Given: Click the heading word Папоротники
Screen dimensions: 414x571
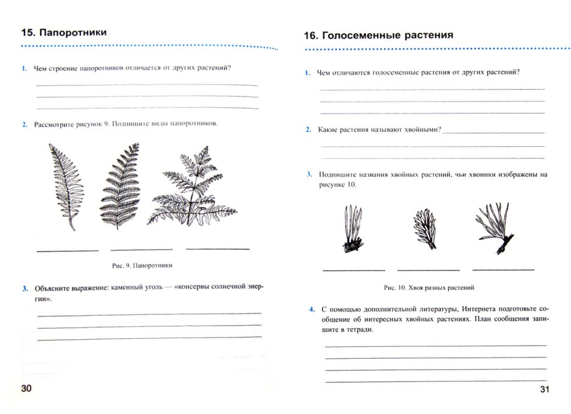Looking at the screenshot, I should tap(73, 33).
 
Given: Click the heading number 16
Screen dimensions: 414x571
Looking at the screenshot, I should tap(310, 36).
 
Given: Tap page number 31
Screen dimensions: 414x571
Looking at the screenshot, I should tap(544, 390).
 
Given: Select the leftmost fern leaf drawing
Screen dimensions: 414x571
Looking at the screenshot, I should tap(66, 186).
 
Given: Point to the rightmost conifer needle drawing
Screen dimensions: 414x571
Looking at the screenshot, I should tap(494, 227).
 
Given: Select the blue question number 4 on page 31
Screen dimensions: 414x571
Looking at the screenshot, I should tap(312, 310).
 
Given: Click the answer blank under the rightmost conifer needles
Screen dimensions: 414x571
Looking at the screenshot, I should tap(503, 269).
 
